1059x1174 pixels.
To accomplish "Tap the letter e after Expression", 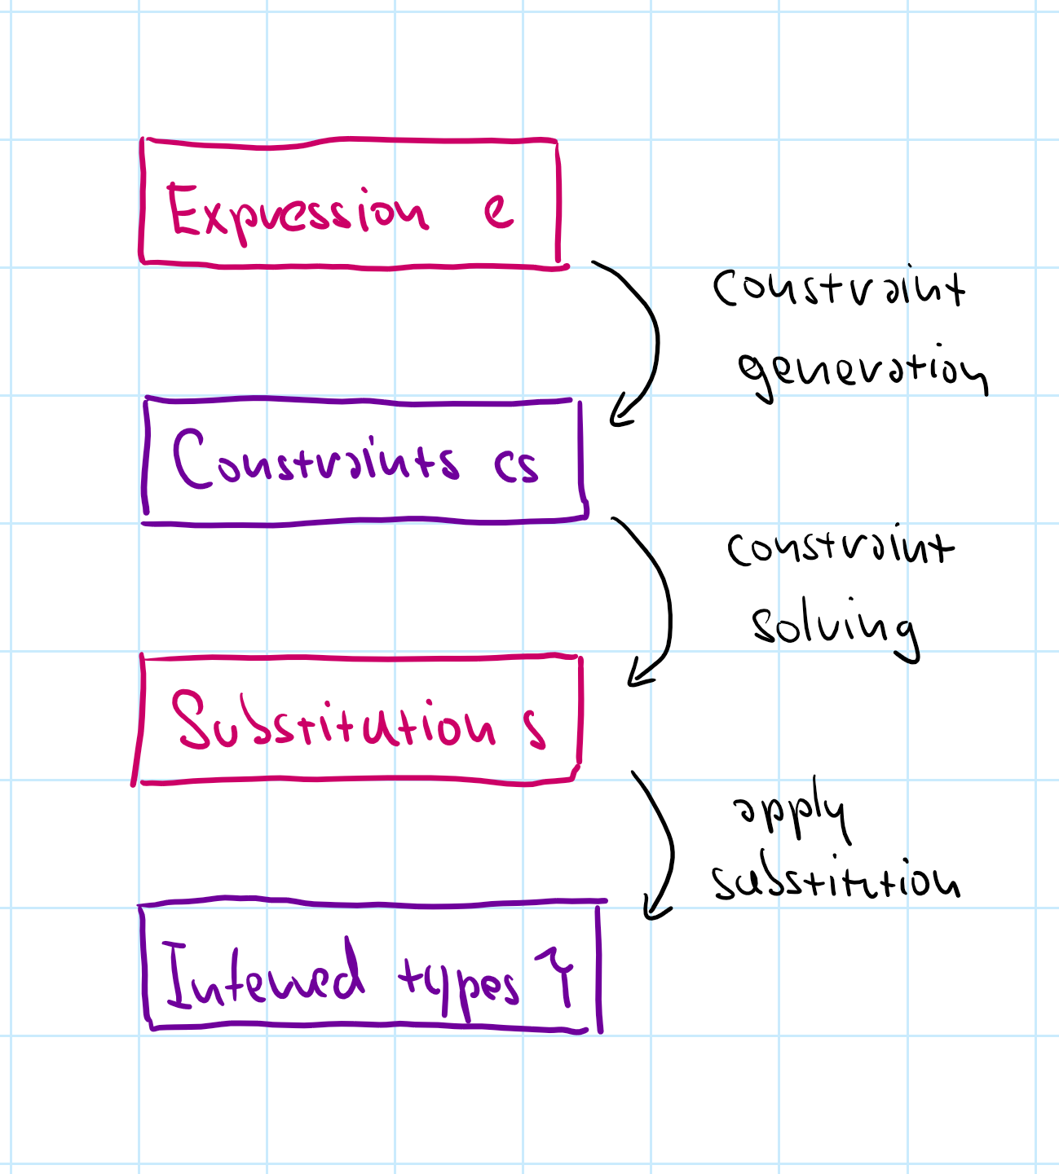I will tap(498, 211).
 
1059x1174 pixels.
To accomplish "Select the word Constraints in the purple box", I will tap(315, 460).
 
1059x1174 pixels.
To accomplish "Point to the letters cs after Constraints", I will tap(515, 466).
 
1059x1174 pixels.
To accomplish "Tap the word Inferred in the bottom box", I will tap(263, 976).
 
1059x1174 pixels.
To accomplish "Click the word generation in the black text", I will tap(862, 371).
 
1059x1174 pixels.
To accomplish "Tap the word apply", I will tap(791, 815).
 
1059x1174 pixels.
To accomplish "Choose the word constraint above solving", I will tap(840, 547).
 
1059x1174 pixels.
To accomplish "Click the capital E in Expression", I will tap(183, 209).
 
